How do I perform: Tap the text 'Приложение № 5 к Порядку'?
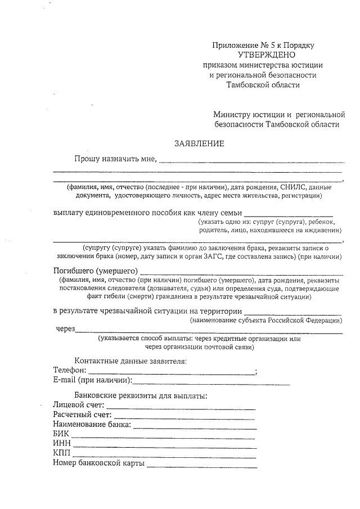click(x=263, y=44)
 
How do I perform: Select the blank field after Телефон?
click(x=172, y=371)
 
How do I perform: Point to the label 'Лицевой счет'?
click(x=78, y=404)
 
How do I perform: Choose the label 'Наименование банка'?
click(x=92, y=424)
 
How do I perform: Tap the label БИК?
click(x=61, y=434)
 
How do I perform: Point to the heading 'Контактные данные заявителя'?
click(x=130, y=361)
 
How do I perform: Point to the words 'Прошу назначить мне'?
click(x=115, y=159)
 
